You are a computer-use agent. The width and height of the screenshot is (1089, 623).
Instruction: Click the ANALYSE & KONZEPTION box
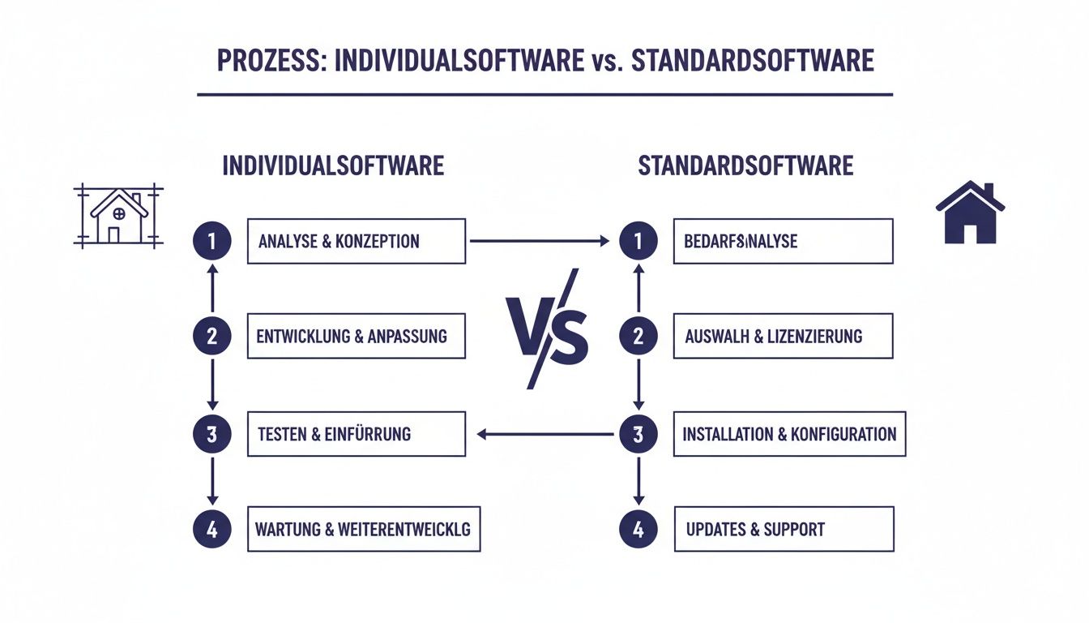click(x=357, y=241)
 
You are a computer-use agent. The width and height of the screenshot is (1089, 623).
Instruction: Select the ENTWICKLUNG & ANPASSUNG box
click(x=357, y=336)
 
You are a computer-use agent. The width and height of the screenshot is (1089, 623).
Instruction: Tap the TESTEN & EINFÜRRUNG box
click(x=357, y=434)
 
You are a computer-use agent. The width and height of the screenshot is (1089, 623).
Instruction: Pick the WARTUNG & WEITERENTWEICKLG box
click(x=363, y=531)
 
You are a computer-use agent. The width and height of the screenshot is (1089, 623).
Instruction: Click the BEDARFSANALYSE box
click(x=783, y=241)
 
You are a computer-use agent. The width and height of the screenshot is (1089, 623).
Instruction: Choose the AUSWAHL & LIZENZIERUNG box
click(x=783, y=336)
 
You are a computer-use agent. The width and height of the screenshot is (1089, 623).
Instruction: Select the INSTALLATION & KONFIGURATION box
click(x=789, y=434)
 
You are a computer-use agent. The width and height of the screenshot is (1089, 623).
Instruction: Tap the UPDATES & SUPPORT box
click(x=784, y=530)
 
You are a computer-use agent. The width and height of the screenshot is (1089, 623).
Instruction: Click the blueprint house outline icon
click(x=119, y=217)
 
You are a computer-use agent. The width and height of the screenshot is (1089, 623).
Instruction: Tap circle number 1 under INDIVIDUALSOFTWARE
click(x=212, y=241)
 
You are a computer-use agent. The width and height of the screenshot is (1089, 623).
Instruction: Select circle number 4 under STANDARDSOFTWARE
click(x=638, y=530)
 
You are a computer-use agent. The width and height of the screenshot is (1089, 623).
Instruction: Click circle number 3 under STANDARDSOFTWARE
click(x=638, y=434)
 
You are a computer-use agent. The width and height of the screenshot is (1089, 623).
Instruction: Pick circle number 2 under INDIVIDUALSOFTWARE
click(x=212, y=336)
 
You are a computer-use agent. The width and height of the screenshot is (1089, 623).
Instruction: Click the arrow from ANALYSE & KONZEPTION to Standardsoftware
click(x=539, y=241)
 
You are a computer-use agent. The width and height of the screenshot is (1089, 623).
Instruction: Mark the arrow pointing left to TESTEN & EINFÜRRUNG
click(x=544, y=434)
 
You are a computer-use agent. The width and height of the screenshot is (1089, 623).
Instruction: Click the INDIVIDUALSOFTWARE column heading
click(x=333, y=165)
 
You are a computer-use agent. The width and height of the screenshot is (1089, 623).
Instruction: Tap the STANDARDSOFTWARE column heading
click(x=745, y=165)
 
